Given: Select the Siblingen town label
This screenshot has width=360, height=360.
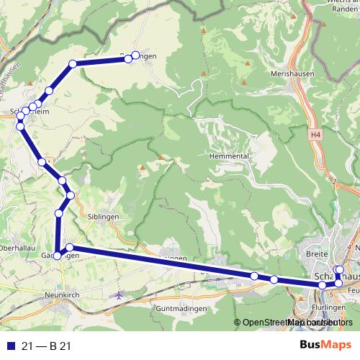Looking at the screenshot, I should coord(103,216).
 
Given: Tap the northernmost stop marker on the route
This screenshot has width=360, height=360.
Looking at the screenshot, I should coord(135,56).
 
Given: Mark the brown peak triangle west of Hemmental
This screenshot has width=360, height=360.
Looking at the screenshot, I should coord(160,157).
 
